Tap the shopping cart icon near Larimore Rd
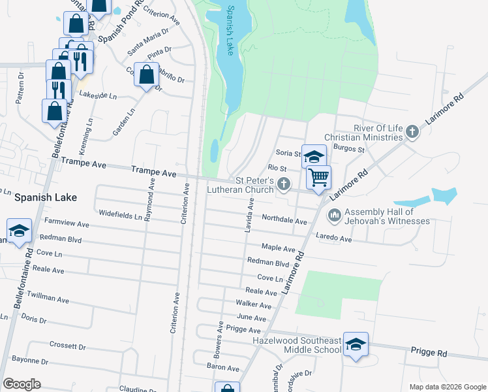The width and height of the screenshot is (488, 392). pos(318,177)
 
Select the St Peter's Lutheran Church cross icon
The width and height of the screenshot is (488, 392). pos(284,184)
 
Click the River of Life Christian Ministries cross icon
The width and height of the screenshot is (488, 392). pos(412,133)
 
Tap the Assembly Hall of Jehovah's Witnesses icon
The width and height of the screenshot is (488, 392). pos(335,214)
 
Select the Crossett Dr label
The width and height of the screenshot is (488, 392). pos(67,344)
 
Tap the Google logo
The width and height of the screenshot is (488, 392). pos(22,384)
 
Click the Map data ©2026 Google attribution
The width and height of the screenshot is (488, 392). pos(447,387)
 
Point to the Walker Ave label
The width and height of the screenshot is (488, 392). pos(253,305)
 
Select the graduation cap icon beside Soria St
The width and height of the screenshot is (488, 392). pos(314,156)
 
